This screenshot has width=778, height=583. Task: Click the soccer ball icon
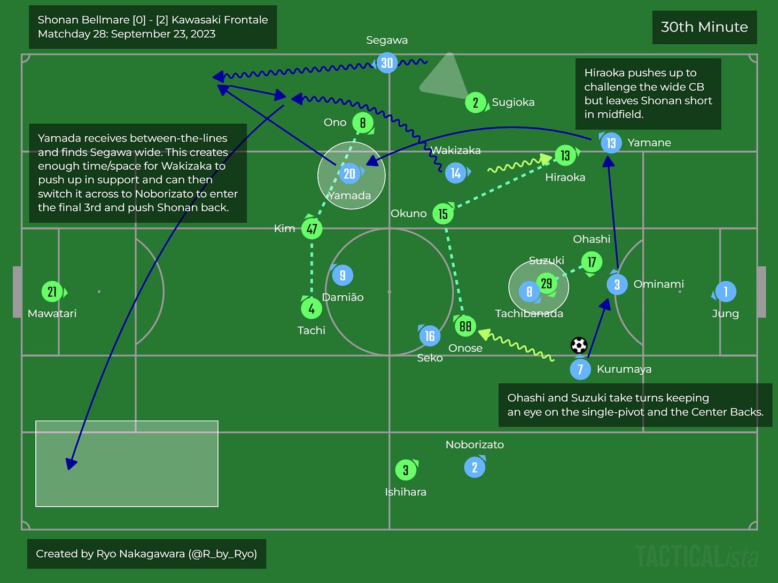579,345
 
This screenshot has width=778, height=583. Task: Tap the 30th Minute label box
704,27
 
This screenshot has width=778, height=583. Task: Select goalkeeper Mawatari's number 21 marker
52,292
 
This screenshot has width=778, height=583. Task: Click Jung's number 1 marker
725,291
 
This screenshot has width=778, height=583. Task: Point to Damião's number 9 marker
343,275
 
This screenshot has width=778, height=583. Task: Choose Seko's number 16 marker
430,336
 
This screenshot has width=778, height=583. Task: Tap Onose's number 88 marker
465,326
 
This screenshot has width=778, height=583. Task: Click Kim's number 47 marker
312,229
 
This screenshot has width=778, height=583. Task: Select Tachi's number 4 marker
312,308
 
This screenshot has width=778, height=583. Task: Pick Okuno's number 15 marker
443,214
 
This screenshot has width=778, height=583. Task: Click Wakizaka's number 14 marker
456,173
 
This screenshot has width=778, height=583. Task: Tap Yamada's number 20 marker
349,174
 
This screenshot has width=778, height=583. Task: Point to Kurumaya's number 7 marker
580,369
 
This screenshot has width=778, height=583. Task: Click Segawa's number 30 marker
387,63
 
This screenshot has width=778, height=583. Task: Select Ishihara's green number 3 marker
406,470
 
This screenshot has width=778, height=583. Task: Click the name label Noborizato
474,445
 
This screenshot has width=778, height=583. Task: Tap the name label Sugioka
513,103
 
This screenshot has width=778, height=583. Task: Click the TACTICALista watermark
697,557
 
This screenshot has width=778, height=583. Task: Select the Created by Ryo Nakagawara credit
146,554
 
